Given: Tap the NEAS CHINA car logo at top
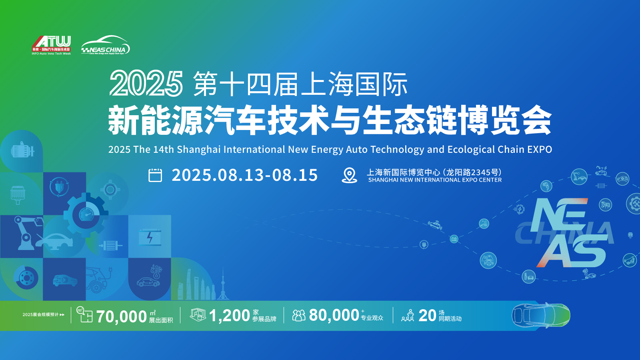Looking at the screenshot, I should [x=105, y=45].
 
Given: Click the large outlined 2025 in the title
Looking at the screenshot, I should [x=146, y=84].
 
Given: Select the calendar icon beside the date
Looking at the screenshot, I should [x=155, y=175].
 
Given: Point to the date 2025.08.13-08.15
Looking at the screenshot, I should [x=244, y=175].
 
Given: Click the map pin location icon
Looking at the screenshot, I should [x=350, y=175].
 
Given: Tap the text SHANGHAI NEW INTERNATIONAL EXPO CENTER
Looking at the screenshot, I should [x=435, y=180].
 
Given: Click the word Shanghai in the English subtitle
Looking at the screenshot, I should [x=199, y=150].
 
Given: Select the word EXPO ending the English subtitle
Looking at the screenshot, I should [x=540, y=150].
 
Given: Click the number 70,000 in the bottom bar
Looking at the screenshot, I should [x=121, y=316].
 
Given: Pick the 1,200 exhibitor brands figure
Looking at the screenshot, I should [x=230, y=316].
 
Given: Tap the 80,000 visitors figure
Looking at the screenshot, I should [x=334, y=315].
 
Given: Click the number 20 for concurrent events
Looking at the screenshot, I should [x=427, y=316].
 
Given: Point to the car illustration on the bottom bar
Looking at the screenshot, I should [x=541, y=316].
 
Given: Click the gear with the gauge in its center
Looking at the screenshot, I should [x=86, y=215].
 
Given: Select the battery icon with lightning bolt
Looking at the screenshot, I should [x=150, y=237].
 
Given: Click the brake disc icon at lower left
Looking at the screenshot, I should [x=26, y=277].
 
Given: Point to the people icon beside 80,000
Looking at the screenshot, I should [x=299, y=316].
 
